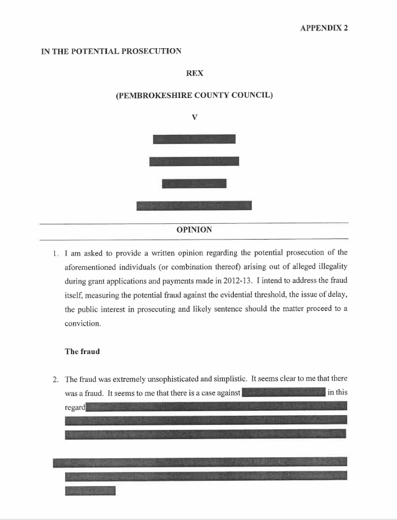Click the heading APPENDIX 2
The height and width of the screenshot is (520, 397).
tap(323, 28)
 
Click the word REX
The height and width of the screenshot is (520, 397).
tap(194, 73)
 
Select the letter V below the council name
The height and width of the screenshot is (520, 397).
tap(194, 117)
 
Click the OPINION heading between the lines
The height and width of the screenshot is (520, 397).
tap(194, 230)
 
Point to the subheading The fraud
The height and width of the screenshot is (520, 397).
tap(82, 351)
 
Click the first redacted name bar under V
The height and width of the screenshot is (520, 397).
tap(194, 139)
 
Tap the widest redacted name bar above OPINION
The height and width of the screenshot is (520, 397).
tap(194, 206)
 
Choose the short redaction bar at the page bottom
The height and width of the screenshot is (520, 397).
tap(90, 491)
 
